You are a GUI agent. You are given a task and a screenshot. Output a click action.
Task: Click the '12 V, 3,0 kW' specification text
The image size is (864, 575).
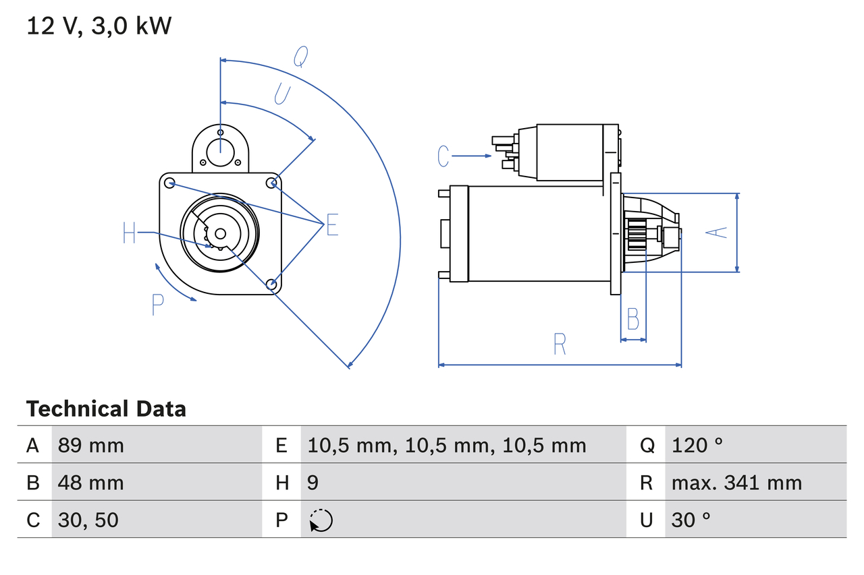point(99,26)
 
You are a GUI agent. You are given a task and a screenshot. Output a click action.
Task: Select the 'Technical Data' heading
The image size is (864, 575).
point(106,408)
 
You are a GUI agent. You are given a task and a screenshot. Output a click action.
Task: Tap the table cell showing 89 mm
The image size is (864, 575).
point(91,445)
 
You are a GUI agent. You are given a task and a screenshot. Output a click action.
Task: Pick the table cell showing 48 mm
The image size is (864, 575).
point(91,483)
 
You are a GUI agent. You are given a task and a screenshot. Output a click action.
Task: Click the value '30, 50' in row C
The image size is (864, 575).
point(88,520)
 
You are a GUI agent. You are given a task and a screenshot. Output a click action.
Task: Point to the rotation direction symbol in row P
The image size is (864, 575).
point(321,520)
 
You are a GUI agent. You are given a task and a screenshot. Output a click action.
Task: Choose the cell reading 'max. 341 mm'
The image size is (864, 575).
point(736,483)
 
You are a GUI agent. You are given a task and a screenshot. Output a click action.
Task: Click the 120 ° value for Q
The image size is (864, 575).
point(697,445)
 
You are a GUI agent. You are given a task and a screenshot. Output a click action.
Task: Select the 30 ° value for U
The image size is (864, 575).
point(691,520)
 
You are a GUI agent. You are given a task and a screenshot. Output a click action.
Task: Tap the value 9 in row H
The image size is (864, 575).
point(313,483)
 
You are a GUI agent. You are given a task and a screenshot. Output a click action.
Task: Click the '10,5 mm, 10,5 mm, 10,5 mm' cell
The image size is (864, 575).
point(447,445)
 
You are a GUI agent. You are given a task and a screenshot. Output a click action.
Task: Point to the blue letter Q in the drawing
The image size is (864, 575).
point(301,58)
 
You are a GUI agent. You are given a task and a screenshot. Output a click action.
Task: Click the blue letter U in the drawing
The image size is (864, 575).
point(282,94)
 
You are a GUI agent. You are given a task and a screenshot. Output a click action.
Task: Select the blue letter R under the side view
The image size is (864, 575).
point(560,344)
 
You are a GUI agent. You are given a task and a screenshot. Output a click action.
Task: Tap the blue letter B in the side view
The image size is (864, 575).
point(632,319)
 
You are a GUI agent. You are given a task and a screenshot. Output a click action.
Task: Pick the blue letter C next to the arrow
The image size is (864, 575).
point(443,156)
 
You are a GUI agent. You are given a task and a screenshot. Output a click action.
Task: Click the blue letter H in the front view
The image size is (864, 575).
point(130,234)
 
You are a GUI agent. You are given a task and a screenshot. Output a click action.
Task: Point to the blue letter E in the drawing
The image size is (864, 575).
point(331,225)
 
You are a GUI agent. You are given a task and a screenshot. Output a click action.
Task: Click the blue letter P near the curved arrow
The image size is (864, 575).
point(157,305)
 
